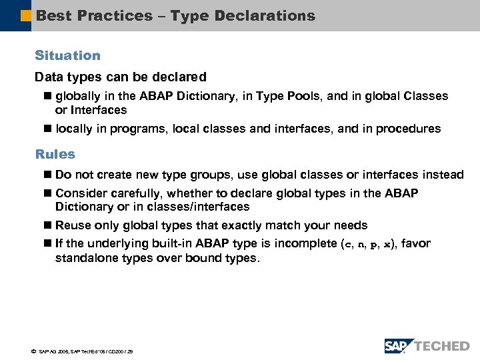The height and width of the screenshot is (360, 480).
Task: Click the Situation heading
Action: click(67, 56)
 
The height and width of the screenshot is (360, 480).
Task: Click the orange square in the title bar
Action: click(26, 15)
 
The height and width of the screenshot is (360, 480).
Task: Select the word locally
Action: click(75, 129)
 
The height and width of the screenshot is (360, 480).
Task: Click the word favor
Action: click(417, 244)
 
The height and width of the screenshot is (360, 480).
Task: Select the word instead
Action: click(443, 175)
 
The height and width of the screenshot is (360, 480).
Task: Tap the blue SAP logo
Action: click(398, 345)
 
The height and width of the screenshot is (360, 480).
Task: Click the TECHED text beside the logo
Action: click(442, 346)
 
